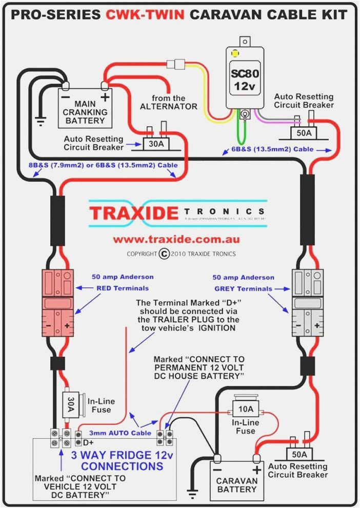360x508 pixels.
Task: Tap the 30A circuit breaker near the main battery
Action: (156, 144)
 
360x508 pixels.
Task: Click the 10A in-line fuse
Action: (247, 408)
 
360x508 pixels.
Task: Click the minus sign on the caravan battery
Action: (217, 469)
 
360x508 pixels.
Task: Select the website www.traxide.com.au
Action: (176, 239)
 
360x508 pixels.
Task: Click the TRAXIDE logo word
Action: (134, 212)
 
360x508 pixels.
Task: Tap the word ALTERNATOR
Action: (169, 106)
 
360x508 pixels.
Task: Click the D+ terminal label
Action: (88, 442)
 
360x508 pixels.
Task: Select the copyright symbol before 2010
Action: (164, 253)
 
